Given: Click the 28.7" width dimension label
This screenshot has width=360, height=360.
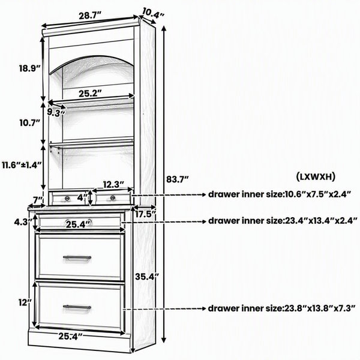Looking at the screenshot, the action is click(x=90, y=16).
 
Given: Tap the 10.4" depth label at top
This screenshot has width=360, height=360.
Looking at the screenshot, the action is click(x=154, y=12).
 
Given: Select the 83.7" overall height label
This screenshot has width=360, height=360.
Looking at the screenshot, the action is click(x=178, y=179).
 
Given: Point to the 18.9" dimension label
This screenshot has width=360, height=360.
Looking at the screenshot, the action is click(x=29, y=68).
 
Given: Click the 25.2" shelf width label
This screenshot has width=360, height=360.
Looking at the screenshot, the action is click(x=90, y=93).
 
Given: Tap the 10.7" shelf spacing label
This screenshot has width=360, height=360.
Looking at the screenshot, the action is click(x=30, y=123).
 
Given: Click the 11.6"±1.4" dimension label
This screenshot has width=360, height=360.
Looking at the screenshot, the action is click(x=22, y=165).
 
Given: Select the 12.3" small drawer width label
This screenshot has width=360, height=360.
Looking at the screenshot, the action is click(x=113, y=184).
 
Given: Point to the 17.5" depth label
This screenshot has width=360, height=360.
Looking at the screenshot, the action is click(x=146, y=214).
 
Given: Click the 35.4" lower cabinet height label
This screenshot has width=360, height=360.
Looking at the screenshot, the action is click(x=147, y=277).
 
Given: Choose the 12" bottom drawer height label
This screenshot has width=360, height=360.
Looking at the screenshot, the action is click(x=25, y=302).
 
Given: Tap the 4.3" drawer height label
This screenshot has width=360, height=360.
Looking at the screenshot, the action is click(x=23, y=222).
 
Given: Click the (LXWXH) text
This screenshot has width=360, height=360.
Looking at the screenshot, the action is click(x=315, y=177).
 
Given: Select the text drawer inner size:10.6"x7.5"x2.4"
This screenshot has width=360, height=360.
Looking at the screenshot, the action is click(x=280, y=194).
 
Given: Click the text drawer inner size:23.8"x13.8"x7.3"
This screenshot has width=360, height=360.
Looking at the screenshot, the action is click(x=282, y=308).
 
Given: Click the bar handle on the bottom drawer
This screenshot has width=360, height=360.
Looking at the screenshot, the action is click(x=77, y=307).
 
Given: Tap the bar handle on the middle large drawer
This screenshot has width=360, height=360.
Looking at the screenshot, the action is click(x=77, y=257).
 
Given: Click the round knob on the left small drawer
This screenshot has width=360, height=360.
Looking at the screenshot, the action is click(x=67, y=198).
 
